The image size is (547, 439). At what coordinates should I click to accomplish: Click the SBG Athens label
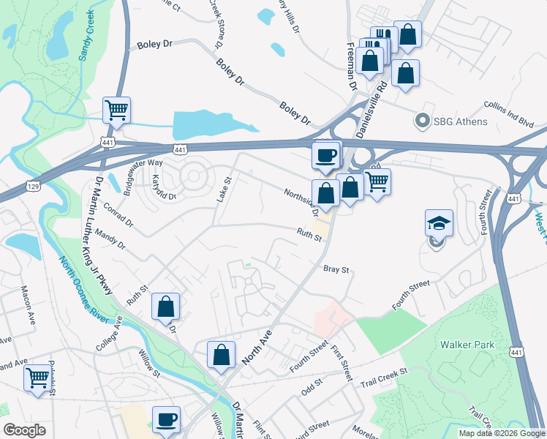[x=460, y=121]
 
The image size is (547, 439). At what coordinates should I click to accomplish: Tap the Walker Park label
[x=467, y=345]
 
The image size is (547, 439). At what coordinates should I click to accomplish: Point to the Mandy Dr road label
[x=110, y=238]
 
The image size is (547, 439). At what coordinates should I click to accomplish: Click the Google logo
[x=25, y=430]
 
